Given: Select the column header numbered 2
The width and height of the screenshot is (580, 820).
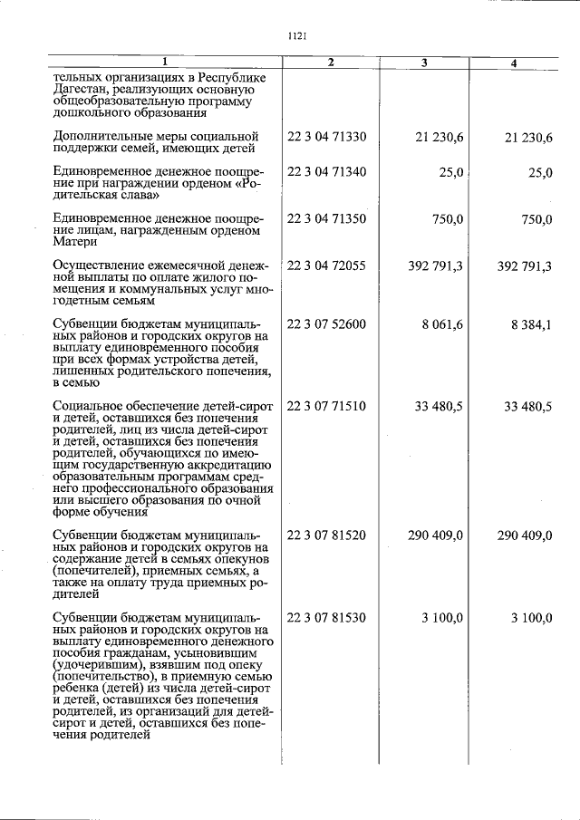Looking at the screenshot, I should [331, 63].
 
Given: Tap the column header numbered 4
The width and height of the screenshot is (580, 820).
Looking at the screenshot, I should [514, 63].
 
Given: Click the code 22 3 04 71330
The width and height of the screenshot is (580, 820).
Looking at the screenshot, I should [326, 136].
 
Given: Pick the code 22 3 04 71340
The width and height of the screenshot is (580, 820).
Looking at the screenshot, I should [326, 172].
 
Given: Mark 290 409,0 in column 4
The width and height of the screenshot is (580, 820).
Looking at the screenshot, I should [525, 535].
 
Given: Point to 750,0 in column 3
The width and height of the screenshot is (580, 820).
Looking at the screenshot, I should [446, 218].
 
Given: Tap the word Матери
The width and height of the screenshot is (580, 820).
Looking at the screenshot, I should [73, 242].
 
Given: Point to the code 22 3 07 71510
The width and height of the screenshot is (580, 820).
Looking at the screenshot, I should [326, 407].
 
